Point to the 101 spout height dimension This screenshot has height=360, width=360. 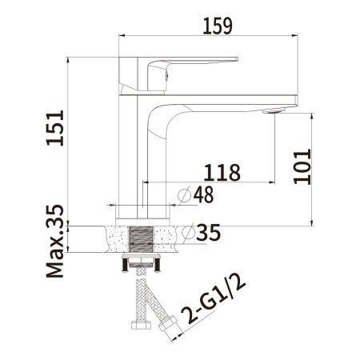(x=301, y=166)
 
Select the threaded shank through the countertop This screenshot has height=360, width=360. (x=142, y=239)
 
